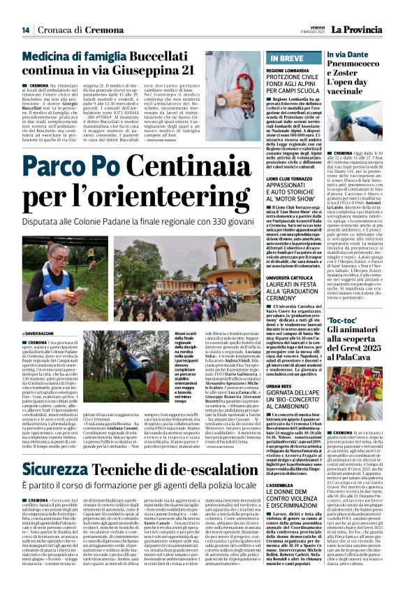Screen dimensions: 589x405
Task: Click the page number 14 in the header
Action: pyautogui.click(x=25, y=30)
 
